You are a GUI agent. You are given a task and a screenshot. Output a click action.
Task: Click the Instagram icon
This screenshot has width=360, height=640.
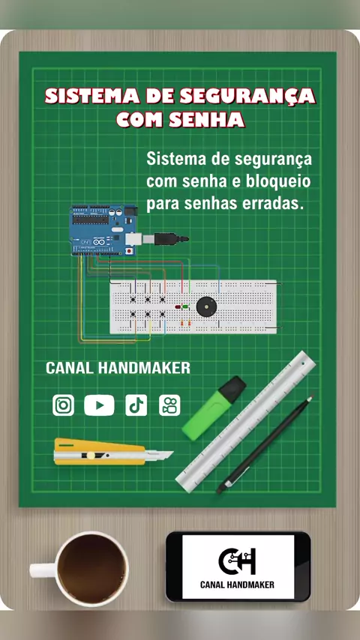(63, 405)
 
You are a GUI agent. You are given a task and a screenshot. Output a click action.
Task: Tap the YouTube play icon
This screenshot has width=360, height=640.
(99, 405)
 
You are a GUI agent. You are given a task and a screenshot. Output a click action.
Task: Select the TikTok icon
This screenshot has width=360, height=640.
(136, 405)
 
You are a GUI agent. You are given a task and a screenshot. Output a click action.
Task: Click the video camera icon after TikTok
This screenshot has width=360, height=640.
(169, 405)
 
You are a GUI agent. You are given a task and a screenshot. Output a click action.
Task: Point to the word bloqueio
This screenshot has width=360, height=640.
(278, 181)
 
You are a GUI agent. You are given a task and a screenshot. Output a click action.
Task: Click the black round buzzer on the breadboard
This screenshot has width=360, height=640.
(206, 306)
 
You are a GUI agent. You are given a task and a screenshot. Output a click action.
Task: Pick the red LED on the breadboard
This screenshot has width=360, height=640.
(178, 307)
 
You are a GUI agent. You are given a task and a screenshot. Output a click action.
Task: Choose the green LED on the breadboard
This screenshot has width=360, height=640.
(185, 306)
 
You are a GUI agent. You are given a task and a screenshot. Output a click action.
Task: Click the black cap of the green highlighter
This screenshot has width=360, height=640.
(232, 389)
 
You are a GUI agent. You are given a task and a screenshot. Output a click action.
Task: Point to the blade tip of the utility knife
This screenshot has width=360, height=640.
(172, 452)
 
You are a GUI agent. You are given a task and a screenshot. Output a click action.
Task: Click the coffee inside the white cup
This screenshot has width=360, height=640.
(91, 569)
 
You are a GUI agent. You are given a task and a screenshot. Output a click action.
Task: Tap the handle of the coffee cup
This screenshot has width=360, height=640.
(43, 570)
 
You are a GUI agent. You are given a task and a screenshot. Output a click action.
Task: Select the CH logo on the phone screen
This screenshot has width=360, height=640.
(237, 561)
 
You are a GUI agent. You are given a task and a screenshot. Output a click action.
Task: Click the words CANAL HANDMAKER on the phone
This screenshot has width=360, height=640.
(237, 585)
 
